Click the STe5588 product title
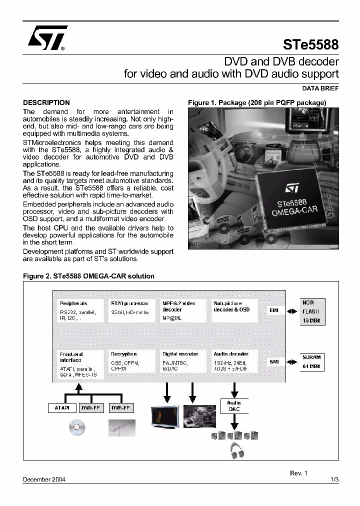(311, 45)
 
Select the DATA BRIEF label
(320, 88)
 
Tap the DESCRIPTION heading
(46, 102)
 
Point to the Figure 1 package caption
(257, 102)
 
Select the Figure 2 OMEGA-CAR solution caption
(89, 276)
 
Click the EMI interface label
(274, 310)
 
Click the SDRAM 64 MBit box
(311, 361)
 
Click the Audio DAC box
(234, 406)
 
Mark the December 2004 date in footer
(44, 479)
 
